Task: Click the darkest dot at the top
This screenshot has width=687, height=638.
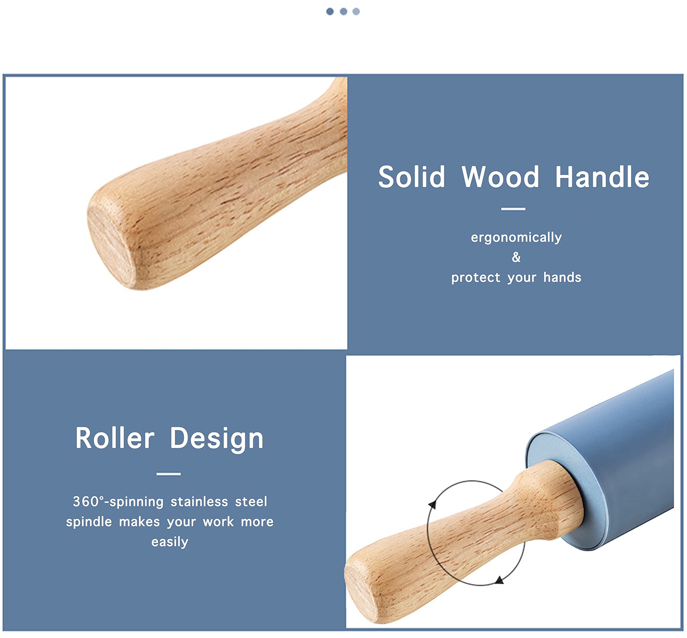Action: click(x=330, y=11)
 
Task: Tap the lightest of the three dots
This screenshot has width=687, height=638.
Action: click(x=356, y=11)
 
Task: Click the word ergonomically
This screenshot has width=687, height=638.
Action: click(x=516, y=237)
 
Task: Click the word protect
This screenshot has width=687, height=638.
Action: click(x=476, y=278)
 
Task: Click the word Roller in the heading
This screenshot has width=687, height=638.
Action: click(x=115, y=438)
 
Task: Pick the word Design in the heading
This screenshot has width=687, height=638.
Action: click(x=217, y=439)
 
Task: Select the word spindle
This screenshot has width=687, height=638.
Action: click(x=89, y=522)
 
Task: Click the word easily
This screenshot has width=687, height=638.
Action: click(x=170, y=542)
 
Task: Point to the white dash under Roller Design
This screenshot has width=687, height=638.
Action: click(x=169, y=474)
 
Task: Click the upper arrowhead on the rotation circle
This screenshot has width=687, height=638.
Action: click(x=432, y=505)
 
